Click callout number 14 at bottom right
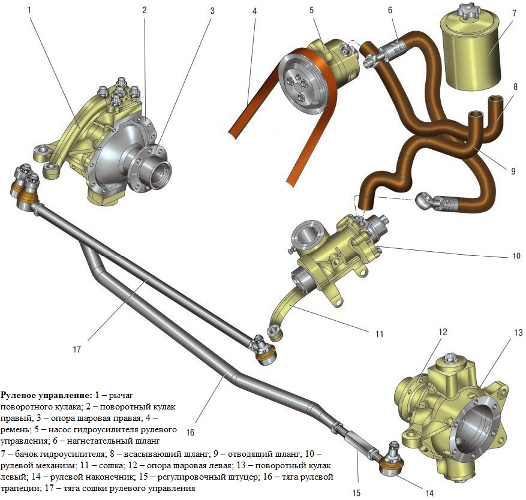pyautogui.click(x=428, y=493)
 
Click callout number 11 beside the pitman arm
pyautogui.click(x=378, y=333)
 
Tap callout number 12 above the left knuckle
pyautogui.click(x=442, y=332)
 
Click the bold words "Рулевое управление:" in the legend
pyautogui.click(x=46, y=395)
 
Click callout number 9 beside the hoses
pyautogui.click(x=513, y=170)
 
